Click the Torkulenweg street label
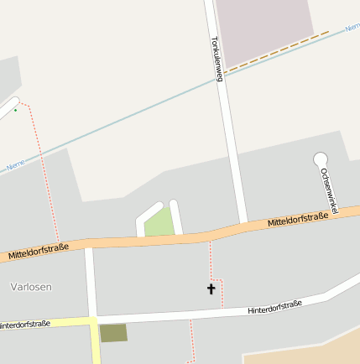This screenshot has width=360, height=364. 216,59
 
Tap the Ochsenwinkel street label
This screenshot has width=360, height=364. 328,190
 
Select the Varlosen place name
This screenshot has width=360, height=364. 31,287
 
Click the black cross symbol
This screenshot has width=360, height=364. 211,289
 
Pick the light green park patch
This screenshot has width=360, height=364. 159,223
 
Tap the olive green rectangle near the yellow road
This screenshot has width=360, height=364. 113,333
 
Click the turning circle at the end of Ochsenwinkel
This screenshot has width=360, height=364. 320,158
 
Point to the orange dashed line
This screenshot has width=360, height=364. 277,49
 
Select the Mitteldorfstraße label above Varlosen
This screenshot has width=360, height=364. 38,249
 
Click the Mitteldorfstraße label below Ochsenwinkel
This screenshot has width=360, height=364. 298,221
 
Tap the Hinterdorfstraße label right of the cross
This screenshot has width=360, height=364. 274,307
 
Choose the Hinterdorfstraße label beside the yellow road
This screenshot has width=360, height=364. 25,324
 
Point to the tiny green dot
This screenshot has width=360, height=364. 15,110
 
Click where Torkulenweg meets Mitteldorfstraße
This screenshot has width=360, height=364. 242,226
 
